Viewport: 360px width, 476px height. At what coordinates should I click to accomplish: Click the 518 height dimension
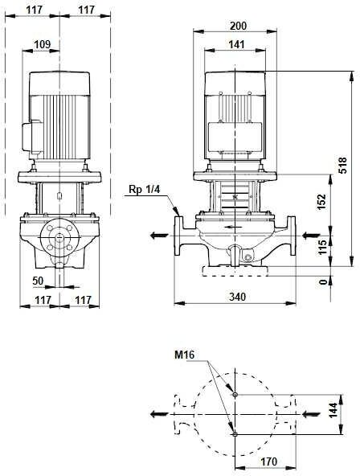point(342,165)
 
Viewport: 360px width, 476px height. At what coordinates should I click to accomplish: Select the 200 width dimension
point(239,26)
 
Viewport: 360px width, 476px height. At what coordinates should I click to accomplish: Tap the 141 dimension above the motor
point(236,45)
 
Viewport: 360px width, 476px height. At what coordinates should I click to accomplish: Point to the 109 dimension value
point(42,44)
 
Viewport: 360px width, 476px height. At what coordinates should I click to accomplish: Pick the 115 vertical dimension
point(322,247)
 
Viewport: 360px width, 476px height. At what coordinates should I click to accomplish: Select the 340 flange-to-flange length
point(237,297)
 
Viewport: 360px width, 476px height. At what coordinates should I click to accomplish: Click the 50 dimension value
point(39,281)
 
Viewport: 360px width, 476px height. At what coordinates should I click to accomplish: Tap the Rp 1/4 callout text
point(144,190)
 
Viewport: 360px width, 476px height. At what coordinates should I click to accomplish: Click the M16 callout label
point(184,355)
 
